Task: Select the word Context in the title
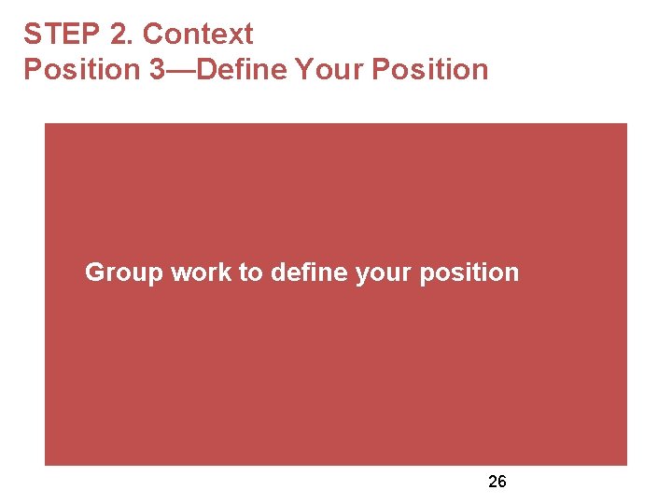pyautogui.click(x=197, y=35)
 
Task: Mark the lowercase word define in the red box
pyautogui.click(x=309, y=273)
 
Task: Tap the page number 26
pyautogui.click(x=497, y=482)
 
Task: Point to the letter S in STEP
pyautogui.click(x=33, y=35)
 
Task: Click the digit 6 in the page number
pyautogui.click(x=502, y=482)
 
